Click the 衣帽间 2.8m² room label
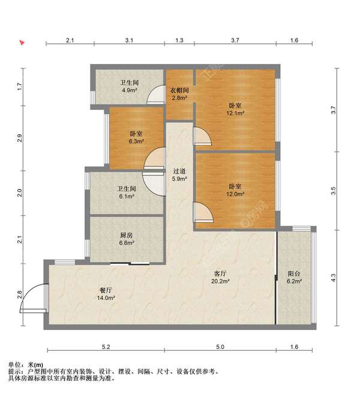[179, 94]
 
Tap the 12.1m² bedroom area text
[235, 113]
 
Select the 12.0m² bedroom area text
[235, 194]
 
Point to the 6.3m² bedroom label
[136, 137]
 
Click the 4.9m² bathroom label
[129, 86]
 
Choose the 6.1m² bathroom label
[127, 193]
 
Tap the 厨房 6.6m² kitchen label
[127, 239]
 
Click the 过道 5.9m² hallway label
[179, 175]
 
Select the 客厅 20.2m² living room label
[220, 277]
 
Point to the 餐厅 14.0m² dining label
[106, 294]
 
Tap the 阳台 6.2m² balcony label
[294, 277]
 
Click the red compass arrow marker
[22, 43]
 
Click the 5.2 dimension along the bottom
[106, 347]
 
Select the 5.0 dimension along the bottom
[220, 347]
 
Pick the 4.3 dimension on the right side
[334, 278]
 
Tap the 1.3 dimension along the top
[179, 40]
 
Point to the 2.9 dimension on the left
[20, 138]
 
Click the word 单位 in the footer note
[14, 365]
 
